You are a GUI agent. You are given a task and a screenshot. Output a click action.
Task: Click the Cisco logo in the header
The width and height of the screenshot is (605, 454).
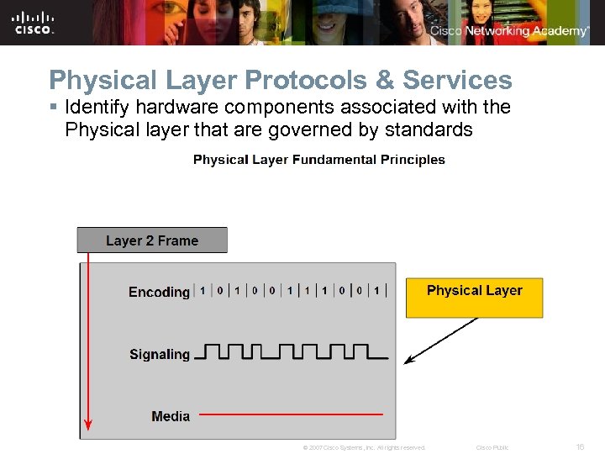(x=34, y=22)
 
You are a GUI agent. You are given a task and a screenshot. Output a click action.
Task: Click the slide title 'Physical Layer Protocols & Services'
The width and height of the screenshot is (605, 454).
(x=280, y=80)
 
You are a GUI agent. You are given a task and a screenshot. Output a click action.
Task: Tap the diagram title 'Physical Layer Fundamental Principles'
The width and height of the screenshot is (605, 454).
(x=319, y=160)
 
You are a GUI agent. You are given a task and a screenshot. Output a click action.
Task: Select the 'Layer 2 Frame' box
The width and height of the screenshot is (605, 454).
(x=152, y=240)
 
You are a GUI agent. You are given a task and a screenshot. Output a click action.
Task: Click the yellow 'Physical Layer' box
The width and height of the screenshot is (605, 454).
(x=474, y=298)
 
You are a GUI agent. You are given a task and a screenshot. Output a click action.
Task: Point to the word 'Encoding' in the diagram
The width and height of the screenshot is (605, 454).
(x=159, y=292)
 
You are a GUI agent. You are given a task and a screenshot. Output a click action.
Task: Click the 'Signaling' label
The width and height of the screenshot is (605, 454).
(x=160, y=354)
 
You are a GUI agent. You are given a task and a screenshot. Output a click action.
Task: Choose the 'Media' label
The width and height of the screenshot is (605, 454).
(x=171, y=416)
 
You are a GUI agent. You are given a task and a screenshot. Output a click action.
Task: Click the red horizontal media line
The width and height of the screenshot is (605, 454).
(x=291, y=414)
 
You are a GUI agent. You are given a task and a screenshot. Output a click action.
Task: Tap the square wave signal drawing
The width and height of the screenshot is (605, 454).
(x=291, y=351)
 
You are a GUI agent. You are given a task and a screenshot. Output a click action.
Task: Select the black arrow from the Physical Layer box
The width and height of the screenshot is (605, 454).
(x=440, y=340)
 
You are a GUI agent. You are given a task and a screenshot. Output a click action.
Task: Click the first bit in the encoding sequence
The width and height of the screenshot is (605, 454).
(x=203, y=291)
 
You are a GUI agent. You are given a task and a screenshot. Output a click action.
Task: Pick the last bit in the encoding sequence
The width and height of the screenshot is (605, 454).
(x=377, y=291)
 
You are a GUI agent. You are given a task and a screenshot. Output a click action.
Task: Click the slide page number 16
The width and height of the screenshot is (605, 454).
(x=580, y=447)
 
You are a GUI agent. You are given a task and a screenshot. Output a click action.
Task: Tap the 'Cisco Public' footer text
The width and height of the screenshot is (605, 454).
(x=492, y=447)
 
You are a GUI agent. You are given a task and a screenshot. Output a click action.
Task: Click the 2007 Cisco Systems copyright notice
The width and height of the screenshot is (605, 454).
(x=364, y=447)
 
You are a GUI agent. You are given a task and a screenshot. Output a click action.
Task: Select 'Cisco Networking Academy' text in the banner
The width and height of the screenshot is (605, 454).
(x=509, y=31)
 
